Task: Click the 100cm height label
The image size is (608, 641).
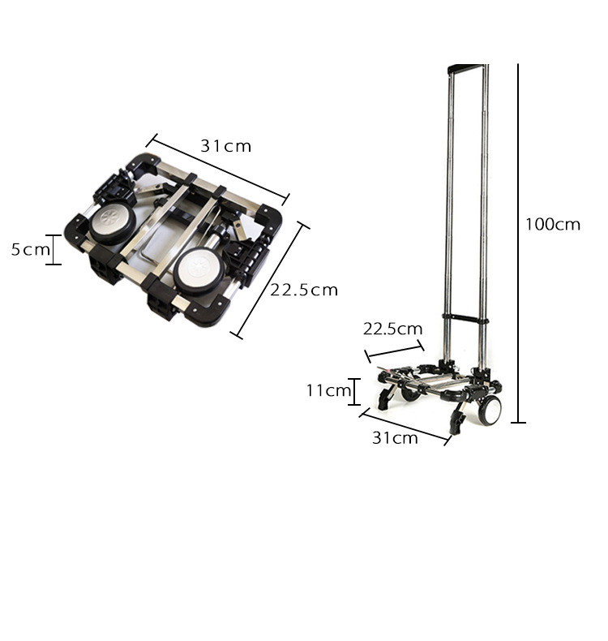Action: coord(552,225)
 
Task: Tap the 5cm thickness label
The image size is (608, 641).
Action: coord(30,249)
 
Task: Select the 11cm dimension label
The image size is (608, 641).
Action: coord(328,390)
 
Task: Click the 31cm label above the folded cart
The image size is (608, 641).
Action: coord(225,146)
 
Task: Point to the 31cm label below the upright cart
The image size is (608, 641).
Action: coord(395,438)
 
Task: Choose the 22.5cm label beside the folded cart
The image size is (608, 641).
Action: coord(304,290)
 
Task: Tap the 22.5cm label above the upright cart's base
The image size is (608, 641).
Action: coord(392,329)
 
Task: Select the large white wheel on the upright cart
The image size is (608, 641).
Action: coord(489,410)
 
